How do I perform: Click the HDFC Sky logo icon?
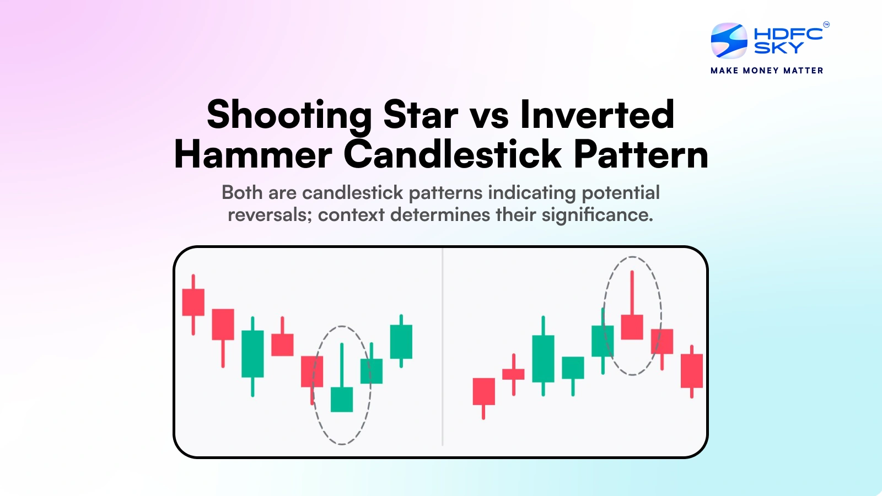pyautogui.click(x=729, y=41)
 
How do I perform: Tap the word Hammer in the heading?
pyautogui.click(x=253, y=155)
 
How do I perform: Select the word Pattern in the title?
pyautogui.click(x=641, y=155)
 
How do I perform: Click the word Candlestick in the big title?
pyautogui.click(x=453, y=154)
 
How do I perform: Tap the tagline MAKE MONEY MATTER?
pyautogui.click(x=766, y=71)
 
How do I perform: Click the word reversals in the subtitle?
pyautogui.click(x=270, y=215)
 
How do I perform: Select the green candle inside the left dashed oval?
pyautogui.click(x=342, y=399)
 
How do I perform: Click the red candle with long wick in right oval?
pyautogui.click(x=632, y=326)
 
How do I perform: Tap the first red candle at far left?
pyautogui.click(x=193, y=302)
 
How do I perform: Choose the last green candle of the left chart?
pyautogui.click(x=401, y=342)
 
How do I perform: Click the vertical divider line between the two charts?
pyautogui.click(x=443, y=347)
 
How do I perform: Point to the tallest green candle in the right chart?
pyautogui.click(x=543, y=358)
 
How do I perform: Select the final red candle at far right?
pyautogui.click(x=691, y=370)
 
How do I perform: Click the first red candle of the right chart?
pyautogui.click(x=483, y=391)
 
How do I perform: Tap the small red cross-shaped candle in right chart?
pyautogui.click(x=513, y=374)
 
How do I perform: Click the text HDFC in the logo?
pyautogui.click(x=788, y=34)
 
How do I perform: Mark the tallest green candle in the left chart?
pyautogui.click(x=252, y=354)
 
